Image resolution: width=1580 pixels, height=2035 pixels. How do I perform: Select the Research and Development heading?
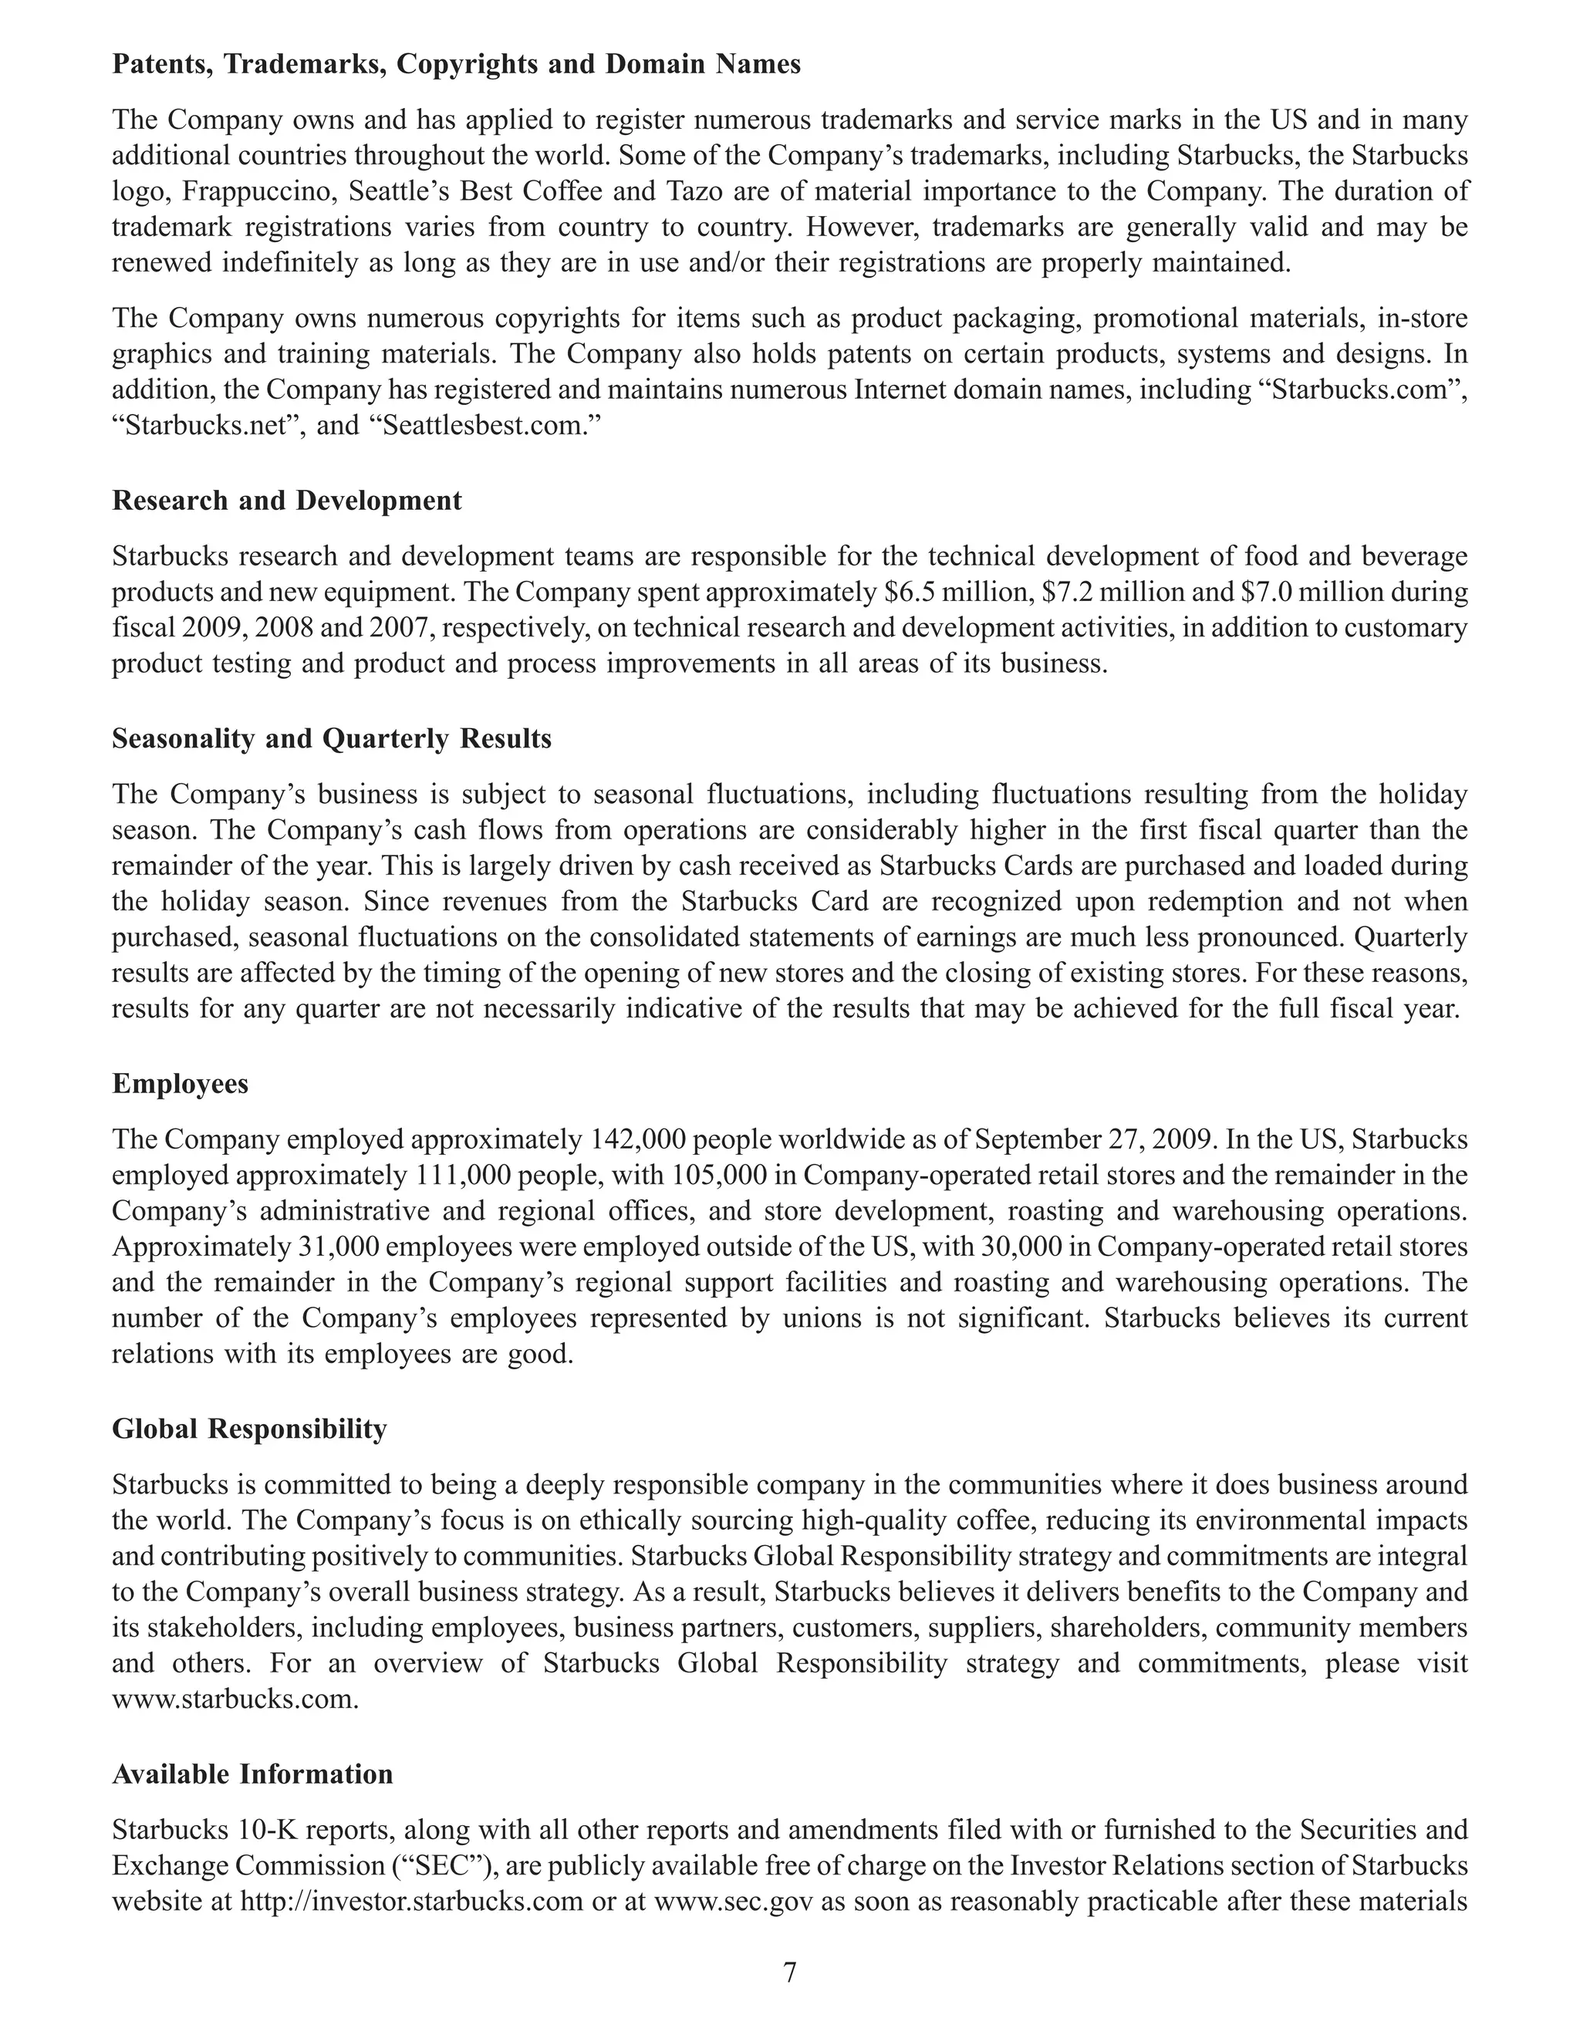click(x=286, y=501)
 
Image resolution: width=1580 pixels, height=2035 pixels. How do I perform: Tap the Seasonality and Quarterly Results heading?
click(x=332, y=739)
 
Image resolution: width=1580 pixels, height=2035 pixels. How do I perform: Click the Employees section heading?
click(x=180, y=1084)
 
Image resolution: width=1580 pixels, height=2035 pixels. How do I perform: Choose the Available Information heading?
click(x=252, y=1774)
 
